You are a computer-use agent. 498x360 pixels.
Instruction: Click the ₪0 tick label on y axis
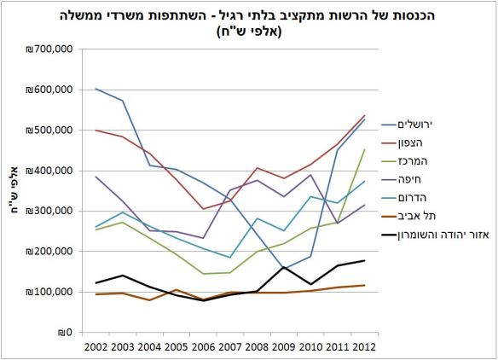point(65,333)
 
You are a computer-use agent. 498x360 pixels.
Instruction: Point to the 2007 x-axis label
point(230,347)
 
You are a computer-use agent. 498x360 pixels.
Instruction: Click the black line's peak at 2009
point(282,267)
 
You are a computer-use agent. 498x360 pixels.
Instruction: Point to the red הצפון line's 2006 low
point(203,209)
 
